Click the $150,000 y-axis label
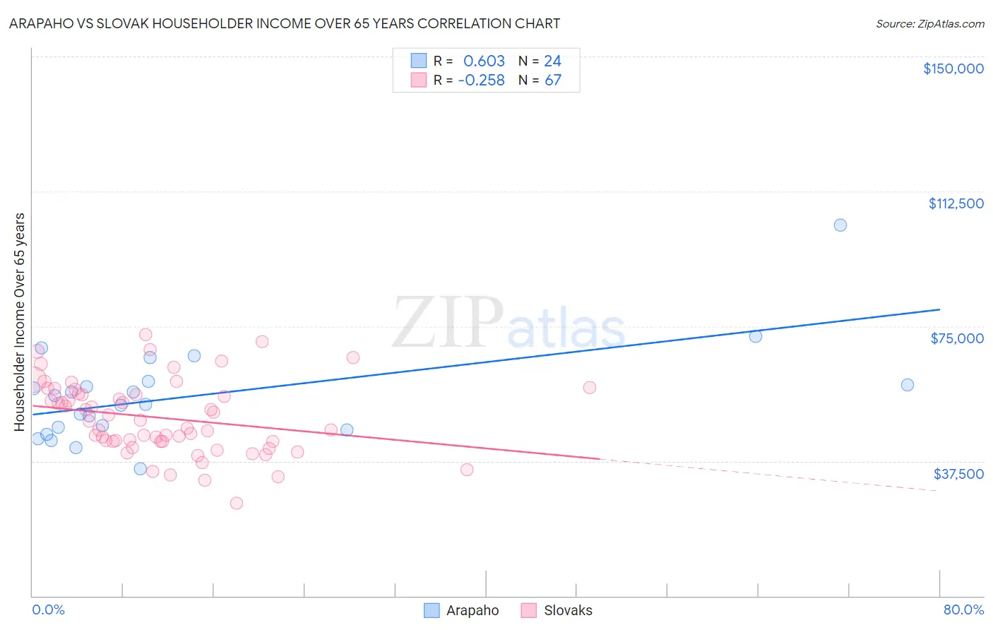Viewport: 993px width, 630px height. [953, 69]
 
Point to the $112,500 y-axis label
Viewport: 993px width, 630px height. [956, 203]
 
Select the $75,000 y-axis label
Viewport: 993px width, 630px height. [957, 338]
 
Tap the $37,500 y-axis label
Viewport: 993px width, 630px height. [958, 474]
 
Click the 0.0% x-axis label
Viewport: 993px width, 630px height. [48, 610]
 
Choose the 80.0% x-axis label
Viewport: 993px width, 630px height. [963, 610]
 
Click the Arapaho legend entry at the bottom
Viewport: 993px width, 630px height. [461, 610]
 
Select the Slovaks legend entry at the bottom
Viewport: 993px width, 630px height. [557, 610]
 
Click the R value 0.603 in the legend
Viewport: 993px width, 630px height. [484, 61]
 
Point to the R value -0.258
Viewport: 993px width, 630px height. [481, 81]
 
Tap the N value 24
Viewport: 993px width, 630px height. [552, 61]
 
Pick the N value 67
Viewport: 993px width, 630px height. [552, 81]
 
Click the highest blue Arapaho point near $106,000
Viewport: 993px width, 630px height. [840, 225]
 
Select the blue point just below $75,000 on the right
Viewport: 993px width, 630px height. [755, 336]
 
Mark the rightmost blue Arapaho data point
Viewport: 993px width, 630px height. [907, 385]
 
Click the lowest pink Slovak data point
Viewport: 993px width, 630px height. [237, 504]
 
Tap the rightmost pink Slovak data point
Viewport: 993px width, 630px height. [590, 387]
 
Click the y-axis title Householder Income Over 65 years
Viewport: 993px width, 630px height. [20, 321]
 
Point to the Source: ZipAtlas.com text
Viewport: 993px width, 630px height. [929, 24]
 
